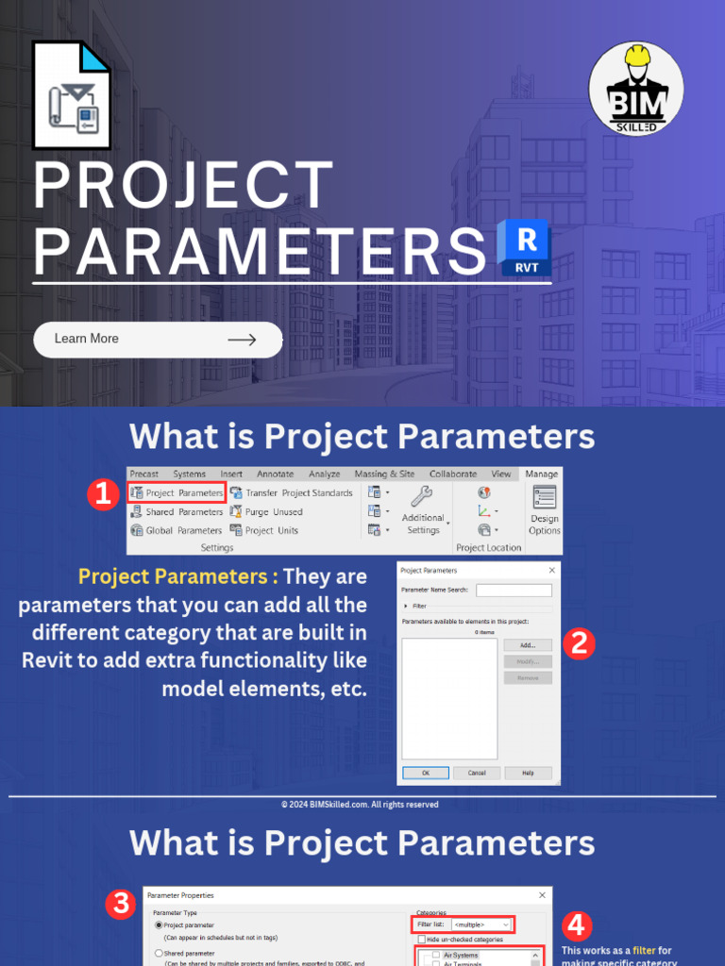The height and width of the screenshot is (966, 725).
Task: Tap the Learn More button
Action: [x=158, y=340]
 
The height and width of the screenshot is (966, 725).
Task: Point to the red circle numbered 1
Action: [x=102, y=494]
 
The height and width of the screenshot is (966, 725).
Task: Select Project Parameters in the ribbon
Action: [x=177, y=492]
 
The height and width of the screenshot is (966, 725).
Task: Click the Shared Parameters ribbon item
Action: [x=177, y=511]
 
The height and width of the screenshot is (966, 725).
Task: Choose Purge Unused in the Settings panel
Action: [x=266, y=511]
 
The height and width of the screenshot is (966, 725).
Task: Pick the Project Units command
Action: [x=264, y=530]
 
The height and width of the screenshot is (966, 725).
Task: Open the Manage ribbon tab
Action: [x=541, y=474]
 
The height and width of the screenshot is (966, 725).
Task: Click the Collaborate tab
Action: [x=453, y=474]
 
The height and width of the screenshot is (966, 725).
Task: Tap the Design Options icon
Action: [x=545, y=510]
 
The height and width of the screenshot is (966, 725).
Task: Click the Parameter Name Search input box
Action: [x=514, y=591]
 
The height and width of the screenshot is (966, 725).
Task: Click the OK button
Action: [x=425, y=773]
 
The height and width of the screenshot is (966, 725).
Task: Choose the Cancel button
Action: [x=477, y=773]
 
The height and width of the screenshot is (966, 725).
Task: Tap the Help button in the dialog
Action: [x=528, y=773]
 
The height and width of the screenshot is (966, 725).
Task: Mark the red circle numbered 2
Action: [x=579, y=643]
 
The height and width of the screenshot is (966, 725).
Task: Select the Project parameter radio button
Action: [x=160, y=925]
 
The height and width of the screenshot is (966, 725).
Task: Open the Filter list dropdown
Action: [x=481, y=925]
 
